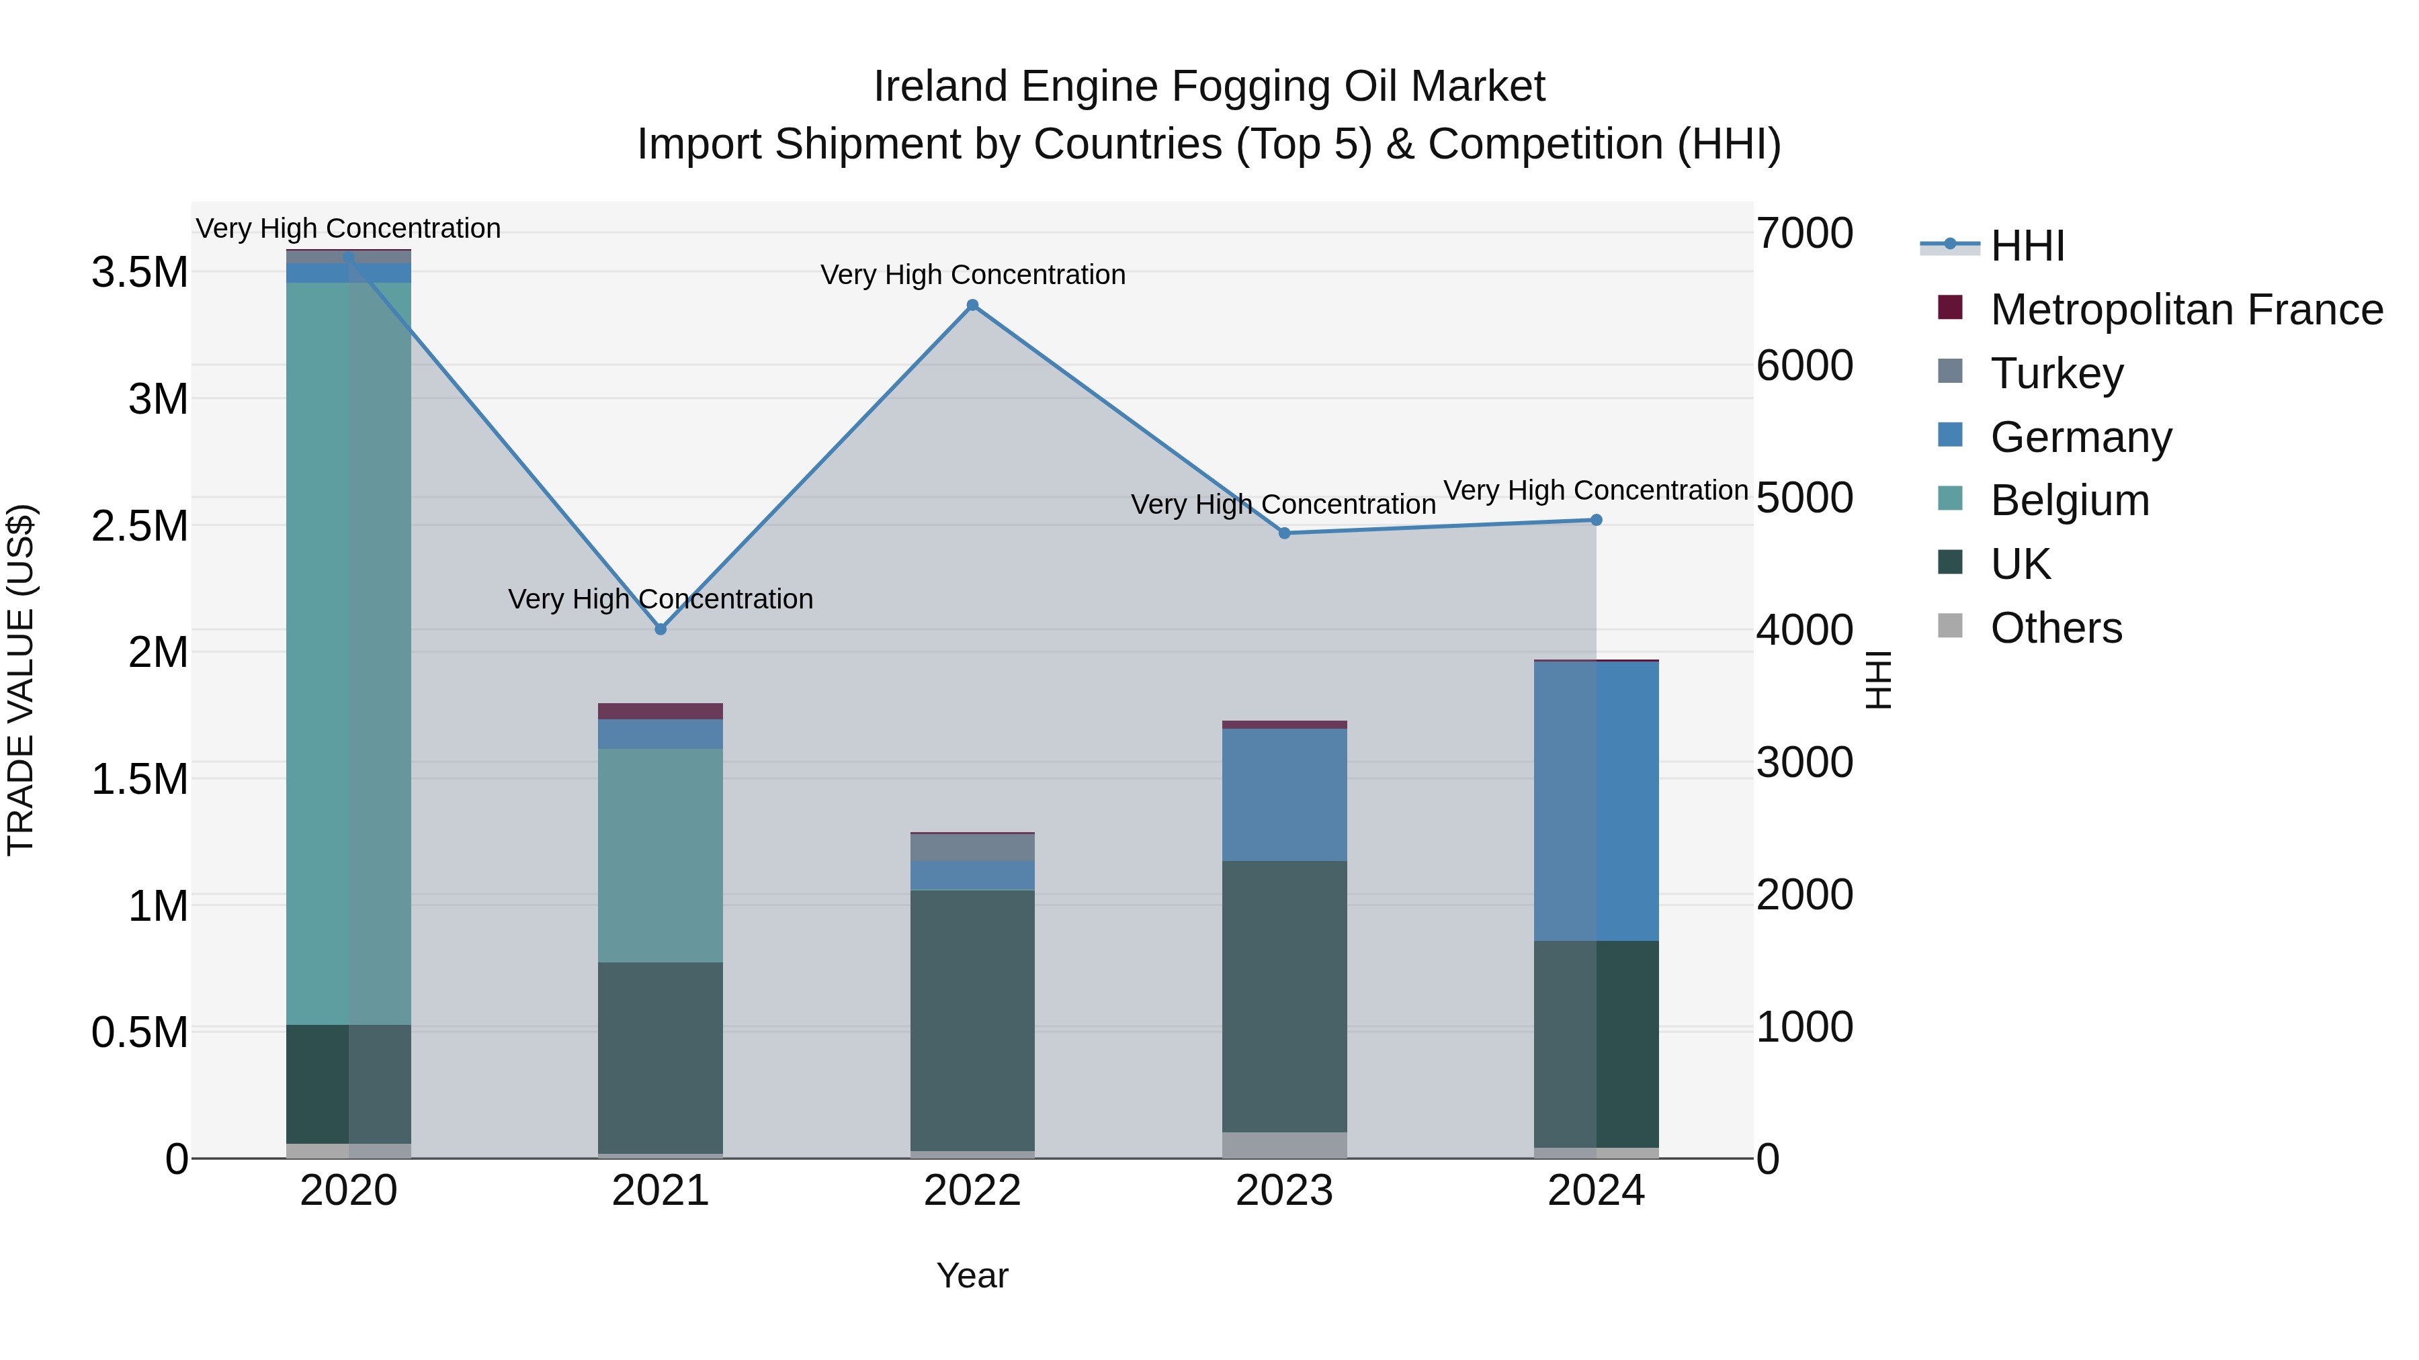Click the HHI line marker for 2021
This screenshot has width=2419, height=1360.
pos(660,629)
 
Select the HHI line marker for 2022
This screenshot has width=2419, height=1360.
pos(972,305)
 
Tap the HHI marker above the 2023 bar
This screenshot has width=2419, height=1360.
pos(1285,533)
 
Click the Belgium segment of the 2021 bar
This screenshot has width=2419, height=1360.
pos(660,854)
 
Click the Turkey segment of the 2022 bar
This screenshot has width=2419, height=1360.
pos(972,848)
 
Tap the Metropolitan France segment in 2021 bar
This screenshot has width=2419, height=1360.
pos(660,711)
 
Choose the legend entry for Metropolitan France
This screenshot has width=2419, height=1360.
pos(2185,310)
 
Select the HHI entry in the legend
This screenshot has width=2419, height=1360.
pos(2027,246)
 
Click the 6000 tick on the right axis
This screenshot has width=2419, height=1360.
pos(1804,365)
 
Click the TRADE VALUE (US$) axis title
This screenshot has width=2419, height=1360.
pos(21,680)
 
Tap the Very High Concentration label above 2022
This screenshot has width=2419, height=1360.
pos(972,275)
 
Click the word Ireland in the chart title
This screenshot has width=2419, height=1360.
pos(940,87)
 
